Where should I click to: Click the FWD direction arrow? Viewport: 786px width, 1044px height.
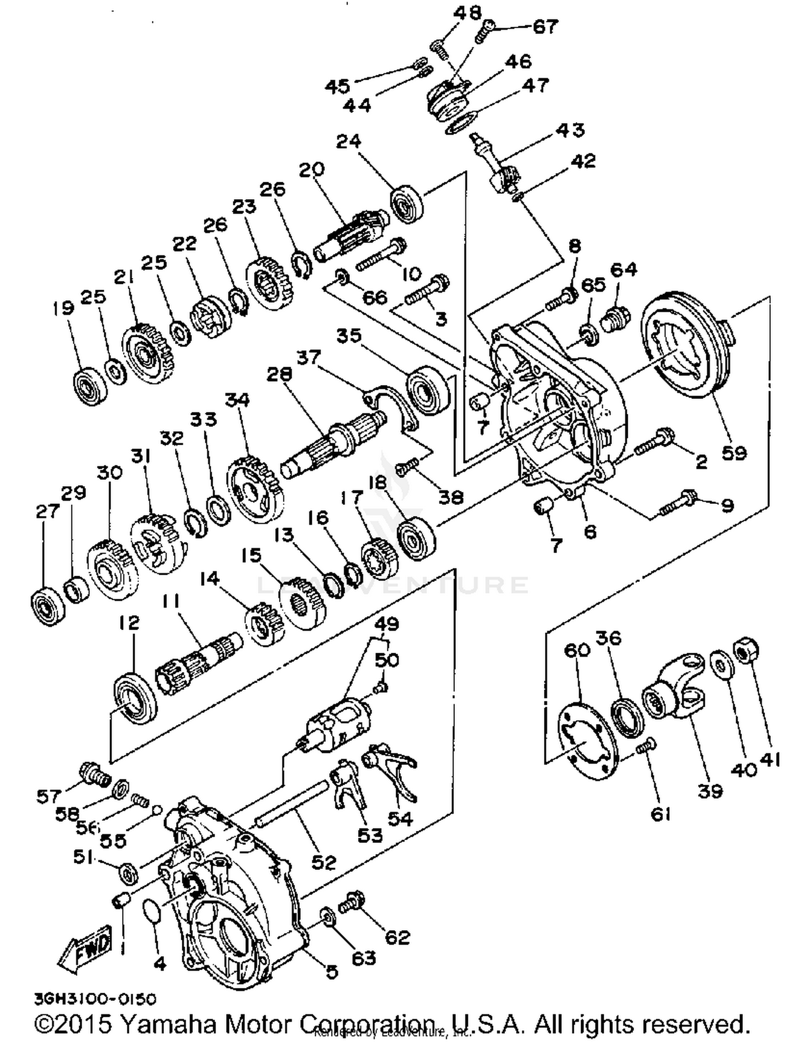tap(86, 947)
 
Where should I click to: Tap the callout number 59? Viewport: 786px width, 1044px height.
tap(733, 452)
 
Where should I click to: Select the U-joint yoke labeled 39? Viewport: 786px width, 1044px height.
tap(676, 689)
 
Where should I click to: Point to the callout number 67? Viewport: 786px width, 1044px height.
tap(545, 26)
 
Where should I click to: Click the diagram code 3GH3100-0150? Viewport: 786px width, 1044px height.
tap(95, 999)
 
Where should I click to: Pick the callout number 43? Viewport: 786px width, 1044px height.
tap(569, 129)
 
